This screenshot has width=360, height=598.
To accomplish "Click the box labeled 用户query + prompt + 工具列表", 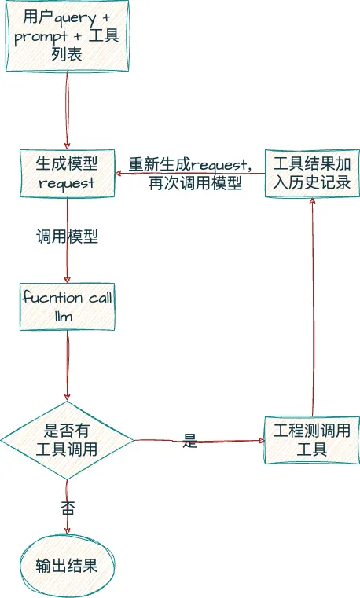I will pos(67,37).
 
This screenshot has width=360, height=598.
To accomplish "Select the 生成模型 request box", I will pos(67,173).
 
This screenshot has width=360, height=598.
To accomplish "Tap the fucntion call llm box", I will pos(67,306).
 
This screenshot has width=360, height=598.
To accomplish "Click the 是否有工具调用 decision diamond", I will pos(67,440).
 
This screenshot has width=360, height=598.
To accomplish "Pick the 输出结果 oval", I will pos(67,566).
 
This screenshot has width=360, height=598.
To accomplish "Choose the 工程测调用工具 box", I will pos(312,440).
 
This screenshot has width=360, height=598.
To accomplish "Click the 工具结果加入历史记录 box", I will pos(312,173).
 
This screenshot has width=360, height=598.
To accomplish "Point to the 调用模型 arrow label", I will pos(67,237).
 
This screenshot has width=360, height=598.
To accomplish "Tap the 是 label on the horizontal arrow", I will pos(189,441).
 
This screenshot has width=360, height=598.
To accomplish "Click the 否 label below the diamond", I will pos(68,508).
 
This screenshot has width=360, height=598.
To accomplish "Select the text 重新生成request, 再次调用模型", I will pos(190,174).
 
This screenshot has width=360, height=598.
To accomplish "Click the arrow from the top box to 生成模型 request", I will pos(67,110).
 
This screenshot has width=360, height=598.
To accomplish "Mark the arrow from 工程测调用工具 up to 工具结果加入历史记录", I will pos(313,306).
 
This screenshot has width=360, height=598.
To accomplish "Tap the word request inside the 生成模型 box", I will pos(67,183).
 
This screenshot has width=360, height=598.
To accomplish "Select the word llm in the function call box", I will pos(67,316).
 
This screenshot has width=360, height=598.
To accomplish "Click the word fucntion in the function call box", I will pos(52,297).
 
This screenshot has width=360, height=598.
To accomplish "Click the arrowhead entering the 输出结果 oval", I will pos(67,532).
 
